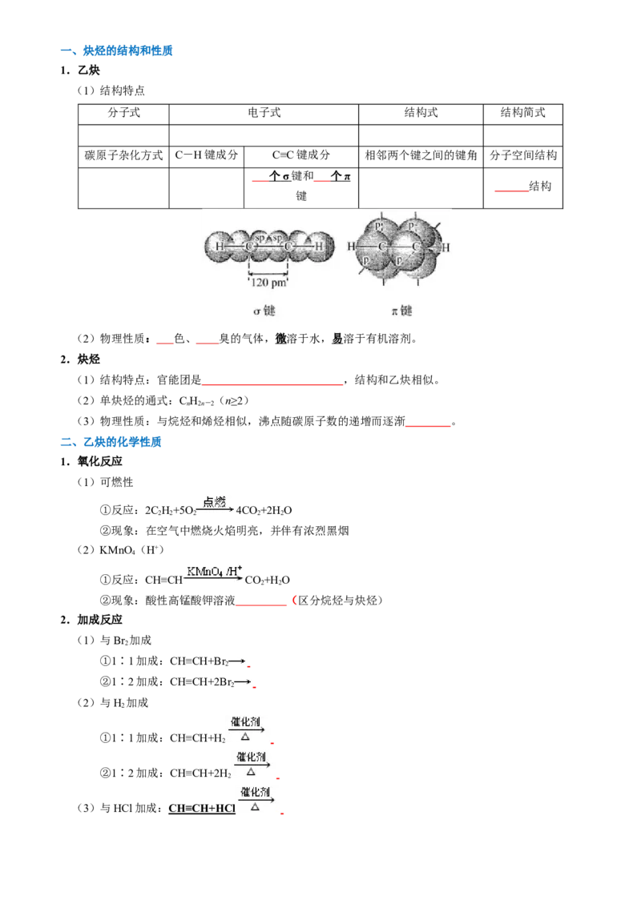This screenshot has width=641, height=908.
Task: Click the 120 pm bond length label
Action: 268,281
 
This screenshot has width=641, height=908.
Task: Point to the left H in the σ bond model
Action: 220,246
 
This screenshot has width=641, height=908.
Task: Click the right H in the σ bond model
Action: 319,246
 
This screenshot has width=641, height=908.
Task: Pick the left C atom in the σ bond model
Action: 250,246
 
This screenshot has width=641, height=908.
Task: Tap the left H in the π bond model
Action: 351,247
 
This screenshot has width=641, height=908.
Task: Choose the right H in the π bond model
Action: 446,247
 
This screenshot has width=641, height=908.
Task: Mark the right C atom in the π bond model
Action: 416,247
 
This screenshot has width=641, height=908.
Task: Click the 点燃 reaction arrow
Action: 216,505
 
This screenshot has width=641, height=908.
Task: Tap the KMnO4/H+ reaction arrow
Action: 215,573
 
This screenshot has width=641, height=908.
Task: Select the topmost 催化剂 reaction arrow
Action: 249,726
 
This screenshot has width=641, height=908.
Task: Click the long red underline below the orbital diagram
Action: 273,386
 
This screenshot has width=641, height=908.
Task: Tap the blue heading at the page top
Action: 116,51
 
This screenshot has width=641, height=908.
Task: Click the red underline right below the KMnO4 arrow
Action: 263,605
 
